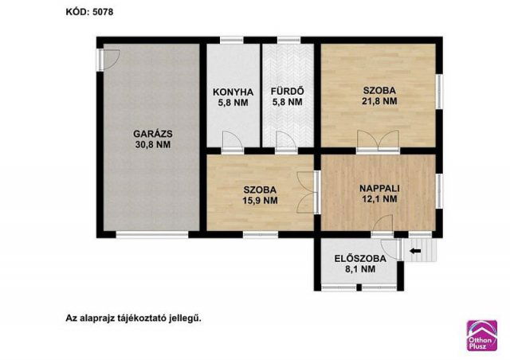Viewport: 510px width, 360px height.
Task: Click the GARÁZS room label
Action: [x=151, y=134]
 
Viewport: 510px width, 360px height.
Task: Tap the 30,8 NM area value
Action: [x=151, y=145]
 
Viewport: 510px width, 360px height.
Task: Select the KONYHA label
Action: [x=233, y=91]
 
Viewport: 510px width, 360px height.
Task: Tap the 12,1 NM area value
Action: [x=379, y=199]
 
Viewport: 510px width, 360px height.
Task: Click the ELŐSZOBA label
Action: [x=359, y=259]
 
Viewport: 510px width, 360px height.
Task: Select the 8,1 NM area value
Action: [x=359, y=270]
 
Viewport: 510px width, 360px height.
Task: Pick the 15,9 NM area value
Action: [x=260, y=201]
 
